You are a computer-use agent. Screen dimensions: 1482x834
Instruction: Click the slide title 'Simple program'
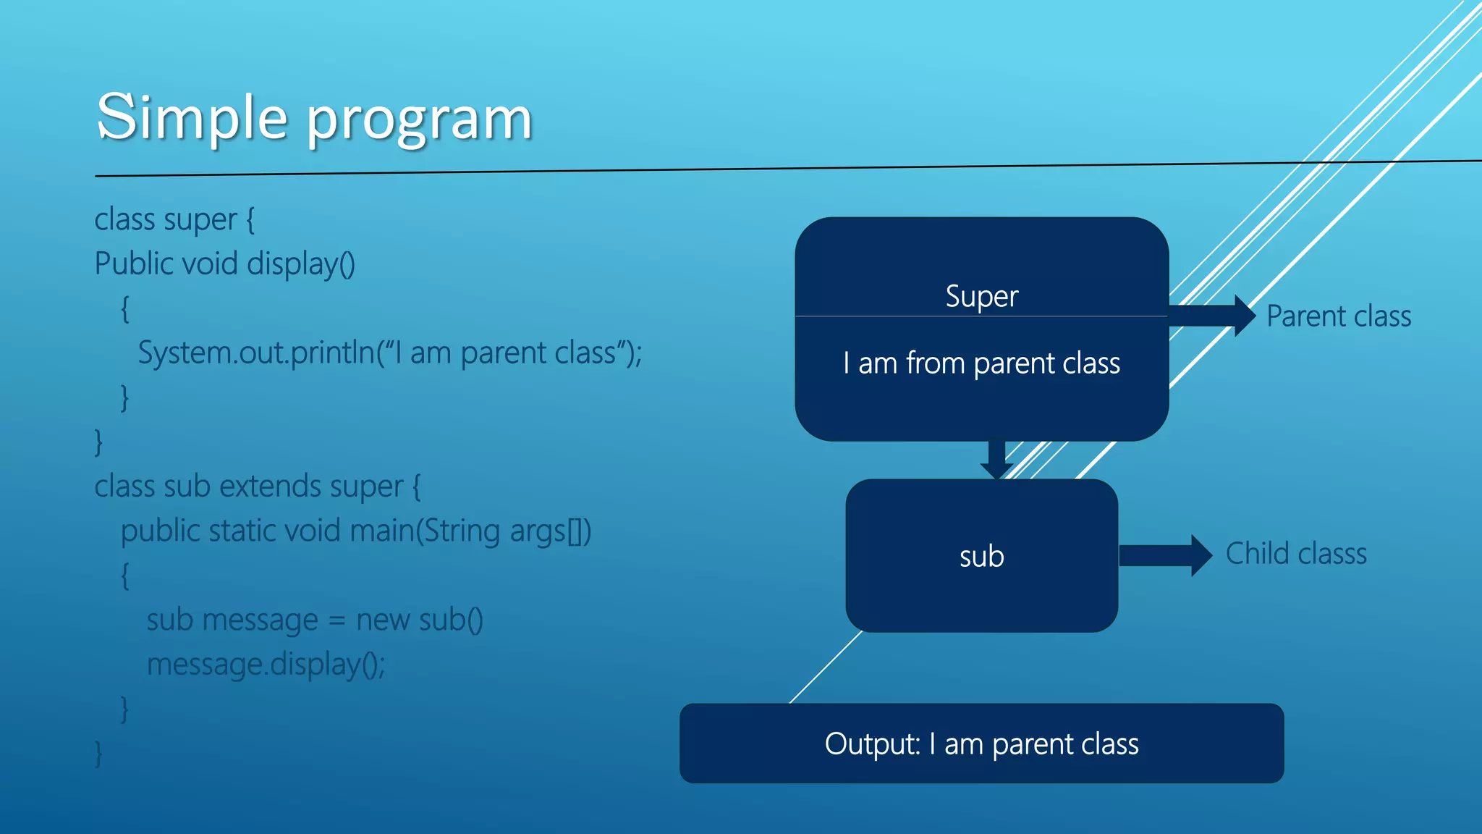click(315, 117)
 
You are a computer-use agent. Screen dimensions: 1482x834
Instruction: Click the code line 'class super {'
click(174, 219)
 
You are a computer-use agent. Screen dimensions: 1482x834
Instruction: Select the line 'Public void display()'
click(225, 264)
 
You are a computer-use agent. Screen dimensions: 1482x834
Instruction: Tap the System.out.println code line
click(390, 353)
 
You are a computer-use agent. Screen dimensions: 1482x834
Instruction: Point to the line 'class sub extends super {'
click(257, 486)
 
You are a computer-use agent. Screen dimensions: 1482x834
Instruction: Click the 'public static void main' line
click(356, 531)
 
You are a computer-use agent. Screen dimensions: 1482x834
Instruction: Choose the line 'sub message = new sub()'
click(315, 620)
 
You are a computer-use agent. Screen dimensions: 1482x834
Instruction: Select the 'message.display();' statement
click(266, 664)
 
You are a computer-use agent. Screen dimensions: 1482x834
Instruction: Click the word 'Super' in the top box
click(981, 296)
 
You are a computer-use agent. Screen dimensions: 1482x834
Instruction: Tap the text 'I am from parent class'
click(981, 363)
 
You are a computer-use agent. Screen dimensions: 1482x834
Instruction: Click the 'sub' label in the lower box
click(981, 556)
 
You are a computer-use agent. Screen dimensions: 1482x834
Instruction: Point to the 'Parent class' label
click(1339, 316)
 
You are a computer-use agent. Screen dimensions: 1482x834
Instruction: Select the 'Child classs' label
click(1296, 554)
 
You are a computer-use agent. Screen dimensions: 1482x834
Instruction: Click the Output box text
click(981, 744)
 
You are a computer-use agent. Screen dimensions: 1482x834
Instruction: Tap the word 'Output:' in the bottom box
click(872, 744)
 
